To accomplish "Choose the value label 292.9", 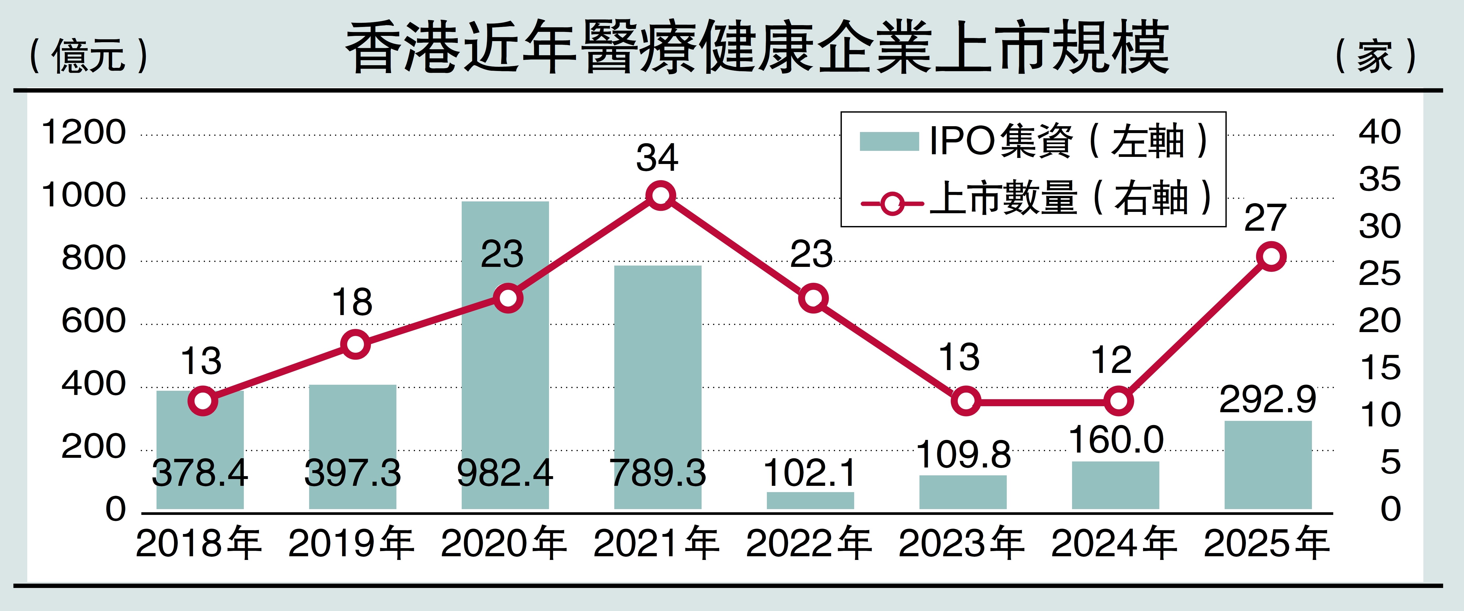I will pos(1268,399).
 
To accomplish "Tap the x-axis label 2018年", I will pos(199,543).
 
